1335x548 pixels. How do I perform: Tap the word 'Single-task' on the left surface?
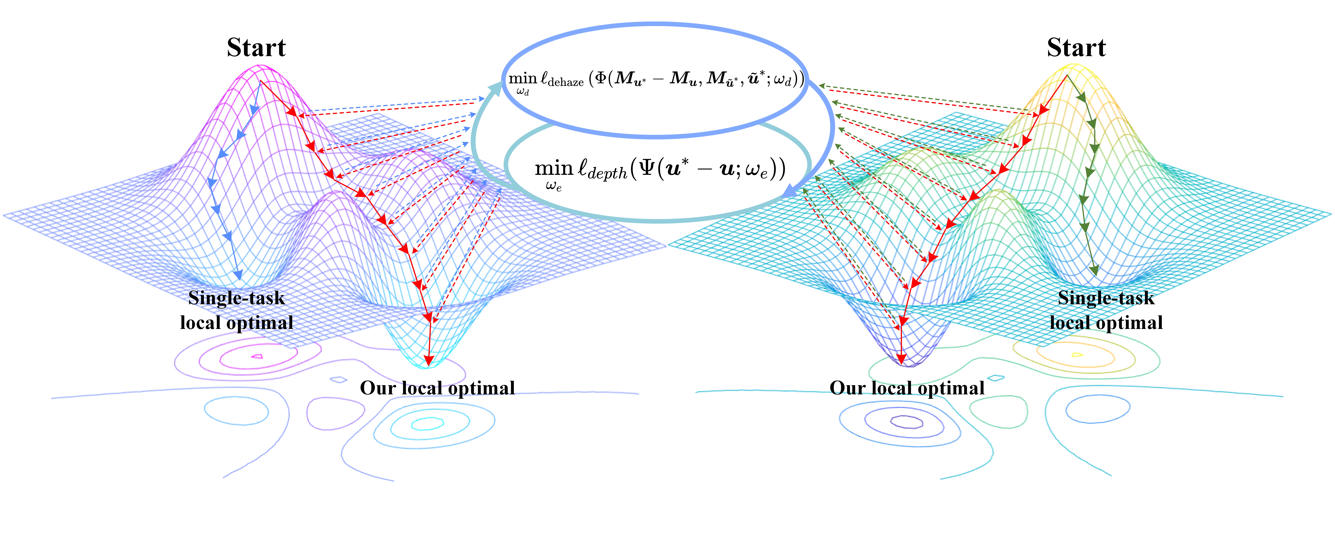236,298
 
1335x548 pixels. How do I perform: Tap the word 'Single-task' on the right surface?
1106,298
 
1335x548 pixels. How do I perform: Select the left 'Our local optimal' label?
437,388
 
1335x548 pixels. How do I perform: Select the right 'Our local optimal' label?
907,388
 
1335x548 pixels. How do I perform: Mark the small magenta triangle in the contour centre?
257,356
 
